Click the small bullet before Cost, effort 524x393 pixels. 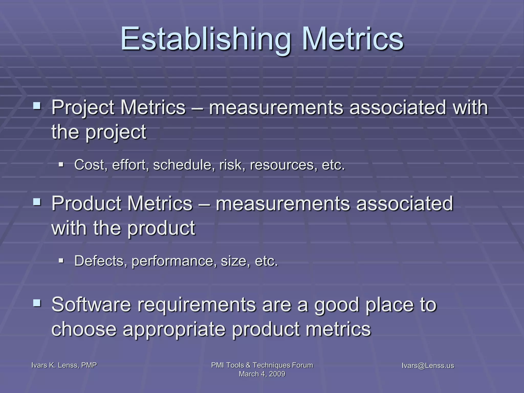pyautogui.click(x=61, y=164)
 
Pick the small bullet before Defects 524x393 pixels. pyautogui.click(x=61, y=261)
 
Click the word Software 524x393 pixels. pyautogui.click(x=91, y=304)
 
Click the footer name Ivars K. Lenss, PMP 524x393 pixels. pyautogui.click(x=64, y=365)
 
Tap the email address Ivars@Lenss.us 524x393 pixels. pyautogui.click(x=428, y=366)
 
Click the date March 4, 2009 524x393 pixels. pyautogui.click(x=262, y=374)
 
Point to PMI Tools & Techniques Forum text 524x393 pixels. pyautogui.click(x=262, y=365)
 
